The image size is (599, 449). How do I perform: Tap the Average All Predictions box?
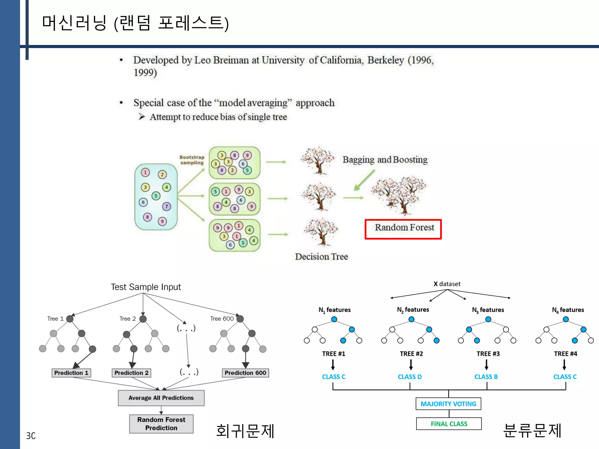pyautogui.click(x=161, y=398)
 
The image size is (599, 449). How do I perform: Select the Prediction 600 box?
pyautogui.click(x=245, y=373)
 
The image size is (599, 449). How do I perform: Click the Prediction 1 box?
pyautogui.click(x=71, y=373)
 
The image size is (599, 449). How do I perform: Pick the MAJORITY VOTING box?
pyautogui.click(x=448, y=404)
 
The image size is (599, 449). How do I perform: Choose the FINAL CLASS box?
pyautogui.click(x=449, y=424)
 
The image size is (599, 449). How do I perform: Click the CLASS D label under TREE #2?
pyautogui.click(x=409, y=377)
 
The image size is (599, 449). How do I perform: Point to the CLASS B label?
pyautogui.click(x=486, y=377)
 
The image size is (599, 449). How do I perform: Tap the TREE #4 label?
pyautogui.click(x=565, y=354)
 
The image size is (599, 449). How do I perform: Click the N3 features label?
pyautogui.click(x=488, y=310)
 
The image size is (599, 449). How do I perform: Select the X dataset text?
pyautogui.click(x=447, y=284)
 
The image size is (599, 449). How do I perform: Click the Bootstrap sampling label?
pyautogui.click(x=192, y=160)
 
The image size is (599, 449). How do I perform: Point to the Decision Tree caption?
pyautogui.click(x=321, y=256)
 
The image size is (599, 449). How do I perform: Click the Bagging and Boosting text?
pyautogui.click(x=385, y=160)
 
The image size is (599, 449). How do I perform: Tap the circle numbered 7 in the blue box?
pyautogui.click(x=166, y=206)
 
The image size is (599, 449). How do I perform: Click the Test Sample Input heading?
pyautogui.click(x=146, y=287)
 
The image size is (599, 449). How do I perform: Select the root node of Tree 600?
pyautogui.click(x=240, y=319)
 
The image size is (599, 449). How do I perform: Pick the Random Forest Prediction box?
pyautogui.click(x=161, y=424)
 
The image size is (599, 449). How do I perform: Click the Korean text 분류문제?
pyautogui.click(x=532, y=431)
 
